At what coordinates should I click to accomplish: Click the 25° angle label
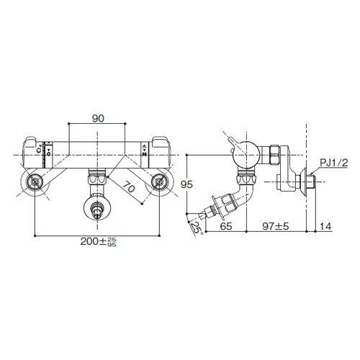point(194,228)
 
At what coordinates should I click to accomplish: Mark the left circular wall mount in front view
point(35,184)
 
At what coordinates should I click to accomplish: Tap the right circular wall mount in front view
point(159,184)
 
